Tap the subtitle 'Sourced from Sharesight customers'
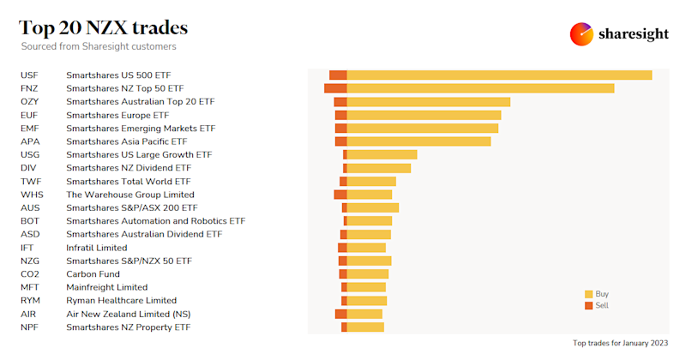(99, 46)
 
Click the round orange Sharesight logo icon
(582, 33)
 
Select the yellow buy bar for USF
(499, 75)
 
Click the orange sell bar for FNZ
(335, 88)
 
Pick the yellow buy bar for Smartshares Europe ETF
(424, 115)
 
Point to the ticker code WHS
(32, 195)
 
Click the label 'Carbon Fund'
(92, 274)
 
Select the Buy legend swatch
(588, 294)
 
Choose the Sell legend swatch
(588, 306)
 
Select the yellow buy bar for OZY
(428, 102)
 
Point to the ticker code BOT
(30, 221)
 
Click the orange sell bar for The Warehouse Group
(340, 195)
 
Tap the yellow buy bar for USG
(382, 155)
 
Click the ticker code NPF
(30, 327)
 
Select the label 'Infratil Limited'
(96, 248)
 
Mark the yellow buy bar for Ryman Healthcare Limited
(367, 301)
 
